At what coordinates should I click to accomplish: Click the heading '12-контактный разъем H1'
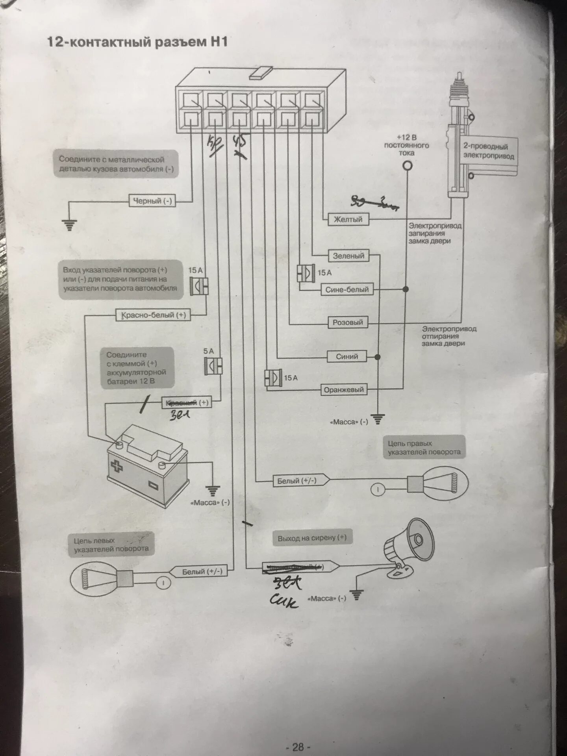tap(137, 42)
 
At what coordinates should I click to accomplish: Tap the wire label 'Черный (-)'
tap(152, 201)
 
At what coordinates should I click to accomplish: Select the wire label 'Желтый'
tap(348, 219)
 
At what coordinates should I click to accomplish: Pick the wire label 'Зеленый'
tap(348, 256)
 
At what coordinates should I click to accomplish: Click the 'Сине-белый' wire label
tap(347, 289)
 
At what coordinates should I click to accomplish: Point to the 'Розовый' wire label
tap(348, 322)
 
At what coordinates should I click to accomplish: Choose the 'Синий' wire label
tap(347, 356)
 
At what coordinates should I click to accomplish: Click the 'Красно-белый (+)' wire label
tap(153, 315)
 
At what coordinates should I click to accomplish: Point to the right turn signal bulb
tap(437, 483)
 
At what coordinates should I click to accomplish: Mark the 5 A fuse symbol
tap(213, 366)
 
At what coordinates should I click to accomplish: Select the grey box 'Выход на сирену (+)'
tap(312, 538)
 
